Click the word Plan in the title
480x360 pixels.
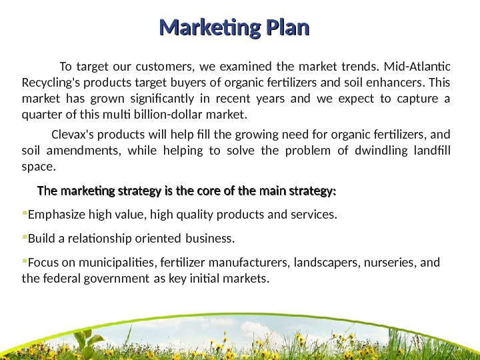[x=287, y=29]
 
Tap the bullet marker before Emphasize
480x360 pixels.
[x=25, y=215]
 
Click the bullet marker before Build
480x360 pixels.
[x=25, y=238]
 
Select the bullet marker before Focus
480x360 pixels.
[x=25, y=261]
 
